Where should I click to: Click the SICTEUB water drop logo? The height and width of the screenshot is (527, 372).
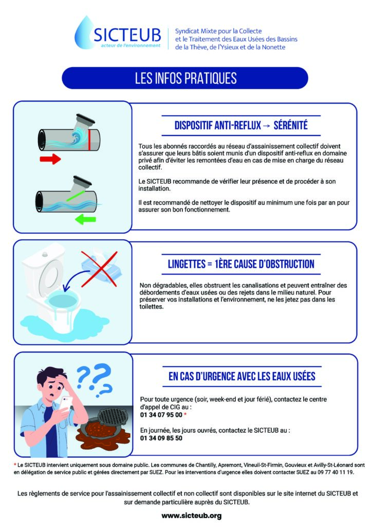point(84,33)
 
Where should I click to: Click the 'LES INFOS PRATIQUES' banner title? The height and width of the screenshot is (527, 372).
point(186,78)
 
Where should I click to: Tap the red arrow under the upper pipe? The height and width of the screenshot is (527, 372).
point(50,159)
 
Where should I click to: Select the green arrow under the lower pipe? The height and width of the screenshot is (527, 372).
point(85,220)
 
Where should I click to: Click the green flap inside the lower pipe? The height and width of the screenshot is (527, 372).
point(76,196)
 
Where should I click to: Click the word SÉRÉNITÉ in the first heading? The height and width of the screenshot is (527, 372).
point(290,126)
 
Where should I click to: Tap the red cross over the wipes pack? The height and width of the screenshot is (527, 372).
point(99,269)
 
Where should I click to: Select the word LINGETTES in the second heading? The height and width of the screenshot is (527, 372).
point(187,264)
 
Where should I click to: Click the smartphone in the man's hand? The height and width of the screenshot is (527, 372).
point(66,403)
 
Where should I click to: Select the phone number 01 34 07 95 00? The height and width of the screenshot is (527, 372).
point(161,415)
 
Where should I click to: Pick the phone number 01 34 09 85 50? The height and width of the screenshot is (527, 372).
point(161,438)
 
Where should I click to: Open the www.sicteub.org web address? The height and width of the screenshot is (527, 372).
point(192,516)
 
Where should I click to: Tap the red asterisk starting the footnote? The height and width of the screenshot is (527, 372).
point(15,465)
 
